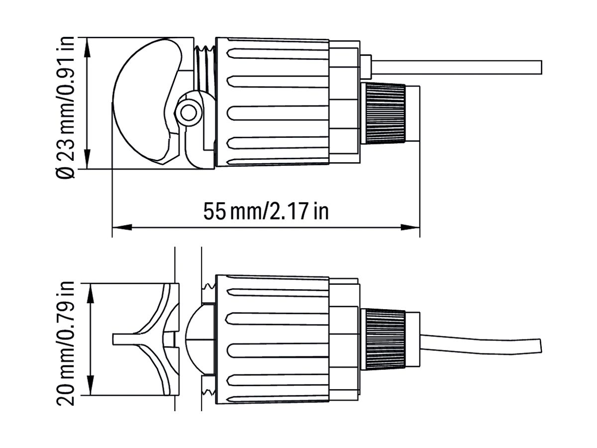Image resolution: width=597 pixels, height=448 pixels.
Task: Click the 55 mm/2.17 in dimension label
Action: tap(266, 211)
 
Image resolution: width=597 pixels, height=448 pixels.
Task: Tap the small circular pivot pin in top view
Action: tap(189, 112)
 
